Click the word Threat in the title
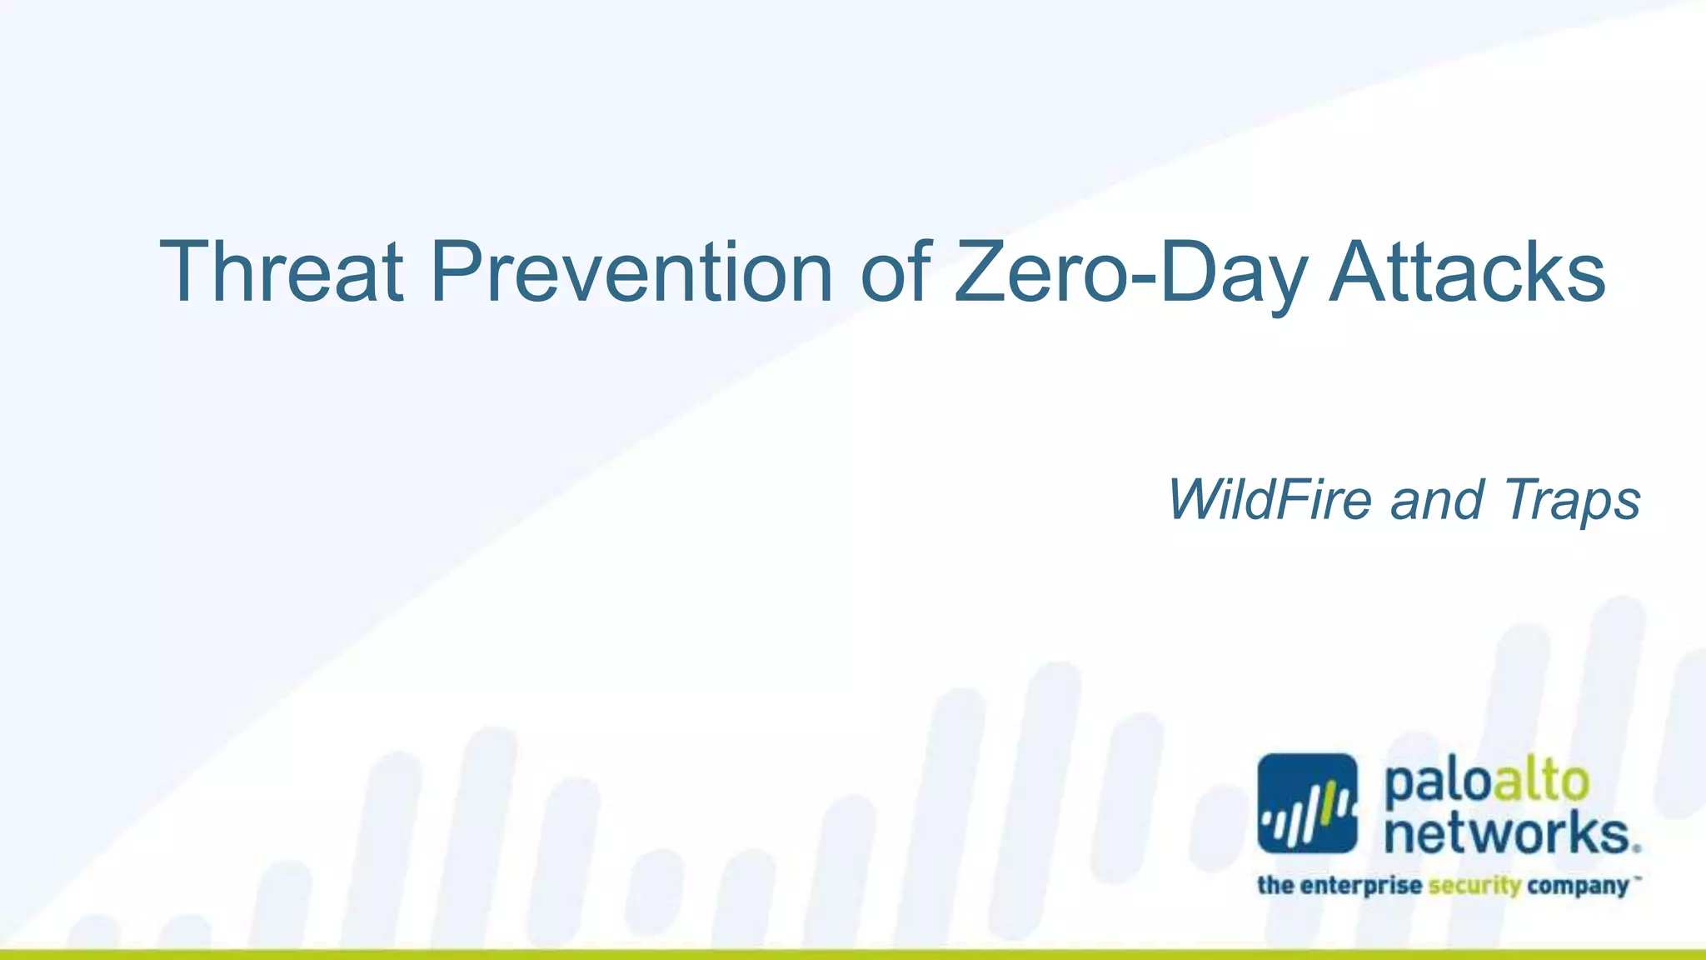282,272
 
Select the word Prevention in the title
631,272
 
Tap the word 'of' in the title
895,272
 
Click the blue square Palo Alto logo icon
1307,803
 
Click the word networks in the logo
1506,833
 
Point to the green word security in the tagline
1474,886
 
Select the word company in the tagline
1578,886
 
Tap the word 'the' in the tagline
1276,884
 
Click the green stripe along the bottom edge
853,954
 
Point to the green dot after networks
1637,849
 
